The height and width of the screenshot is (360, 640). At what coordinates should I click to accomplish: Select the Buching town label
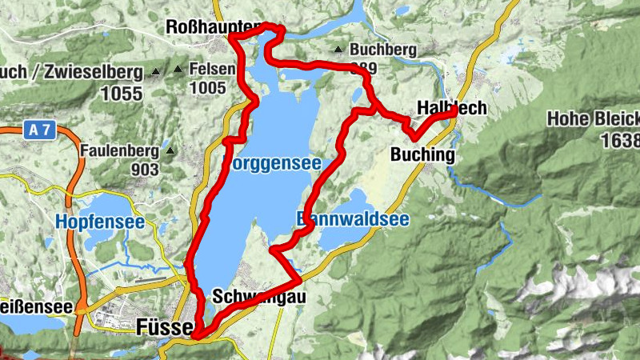point(423,154)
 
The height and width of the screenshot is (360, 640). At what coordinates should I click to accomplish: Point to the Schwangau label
point(259,297)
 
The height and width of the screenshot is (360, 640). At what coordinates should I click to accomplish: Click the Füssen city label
point(165,327)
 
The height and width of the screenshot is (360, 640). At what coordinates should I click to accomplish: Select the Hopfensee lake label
point(100,222)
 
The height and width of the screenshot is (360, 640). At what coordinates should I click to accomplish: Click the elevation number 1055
point(122,94)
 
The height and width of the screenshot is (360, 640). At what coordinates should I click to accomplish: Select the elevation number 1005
point(207,89)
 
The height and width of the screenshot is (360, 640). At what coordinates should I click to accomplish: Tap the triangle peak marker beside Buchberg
point(340,50)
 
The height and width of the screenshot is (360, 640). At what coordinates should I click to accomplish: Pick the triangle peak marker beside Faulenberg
point(170,150)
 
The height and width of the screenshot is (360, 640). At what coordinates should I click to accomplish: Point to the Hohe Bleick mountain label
point(593,120)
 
